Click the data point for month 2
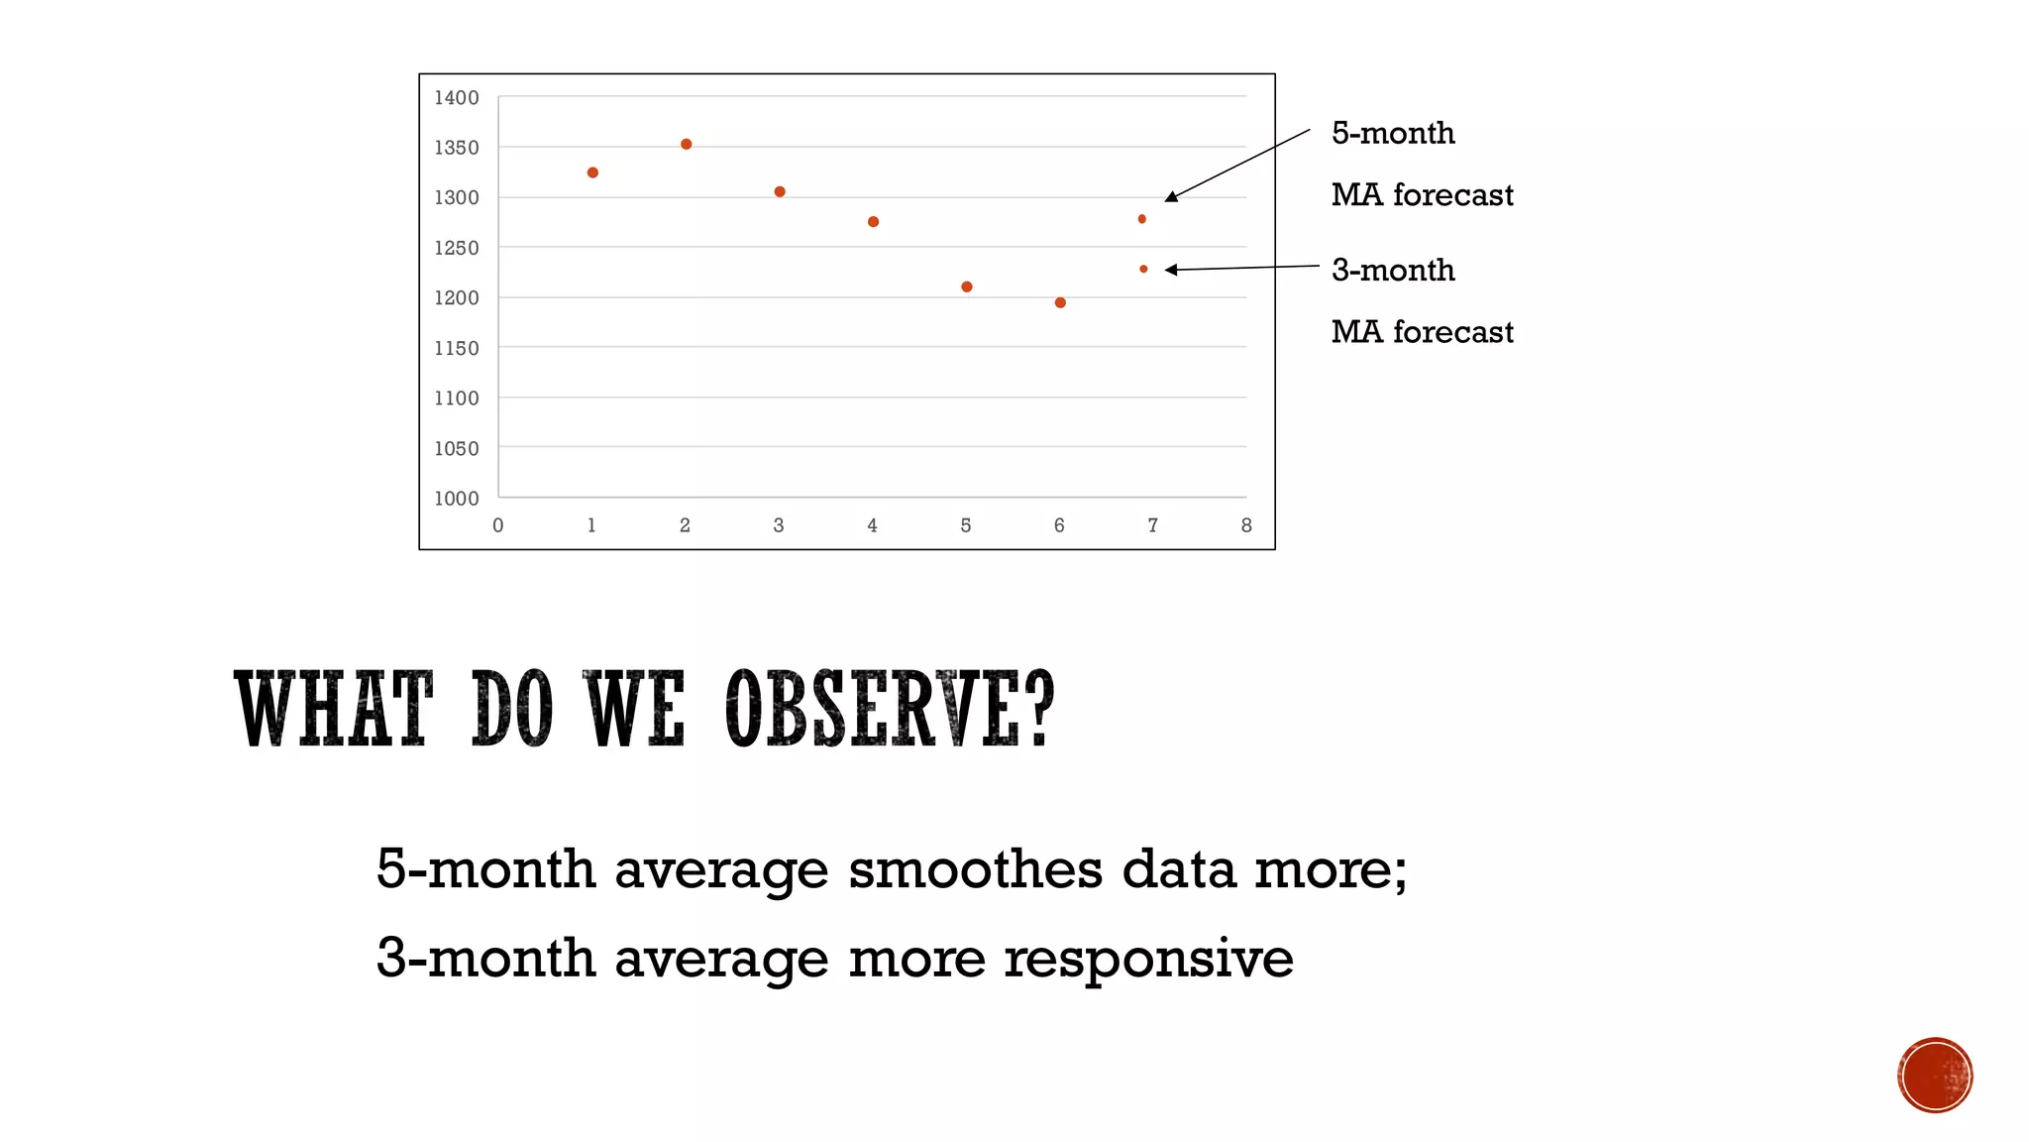(x=686, y=145)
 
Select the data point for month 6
(x=1060, y=302)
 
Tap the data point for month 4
(x=873, y=222)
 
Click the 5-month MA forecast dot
(x=1141, y=219)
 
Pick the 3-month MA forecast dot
(x=1143, y=269)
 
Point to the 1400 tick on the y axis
(x=456, y=97)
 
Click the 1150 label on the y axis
(x=456, y=348)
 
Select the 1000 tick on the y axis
(x=456, y=499)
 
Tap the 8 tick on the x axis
(x=1246, y=525)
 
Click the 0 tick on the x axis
(x=498, y=525)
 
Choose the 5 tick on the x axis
(x=966, y=525)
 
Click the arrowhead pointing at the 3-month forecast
(x=1171, y=270)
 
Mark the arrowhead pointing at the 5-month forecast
(x=1172, y=197)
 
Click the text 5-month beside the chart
(x=1392, y=133)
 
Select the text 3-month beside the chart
(x=1392, y=270)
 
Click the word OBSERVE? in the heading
(x=889, y=709)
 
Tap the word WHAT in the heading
(x=334, y=709)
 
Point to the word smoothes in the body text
(x=975, y=869)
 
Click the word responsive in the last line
(x=1148, y=959)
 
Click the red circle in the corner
(x=1935, y=1076)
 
